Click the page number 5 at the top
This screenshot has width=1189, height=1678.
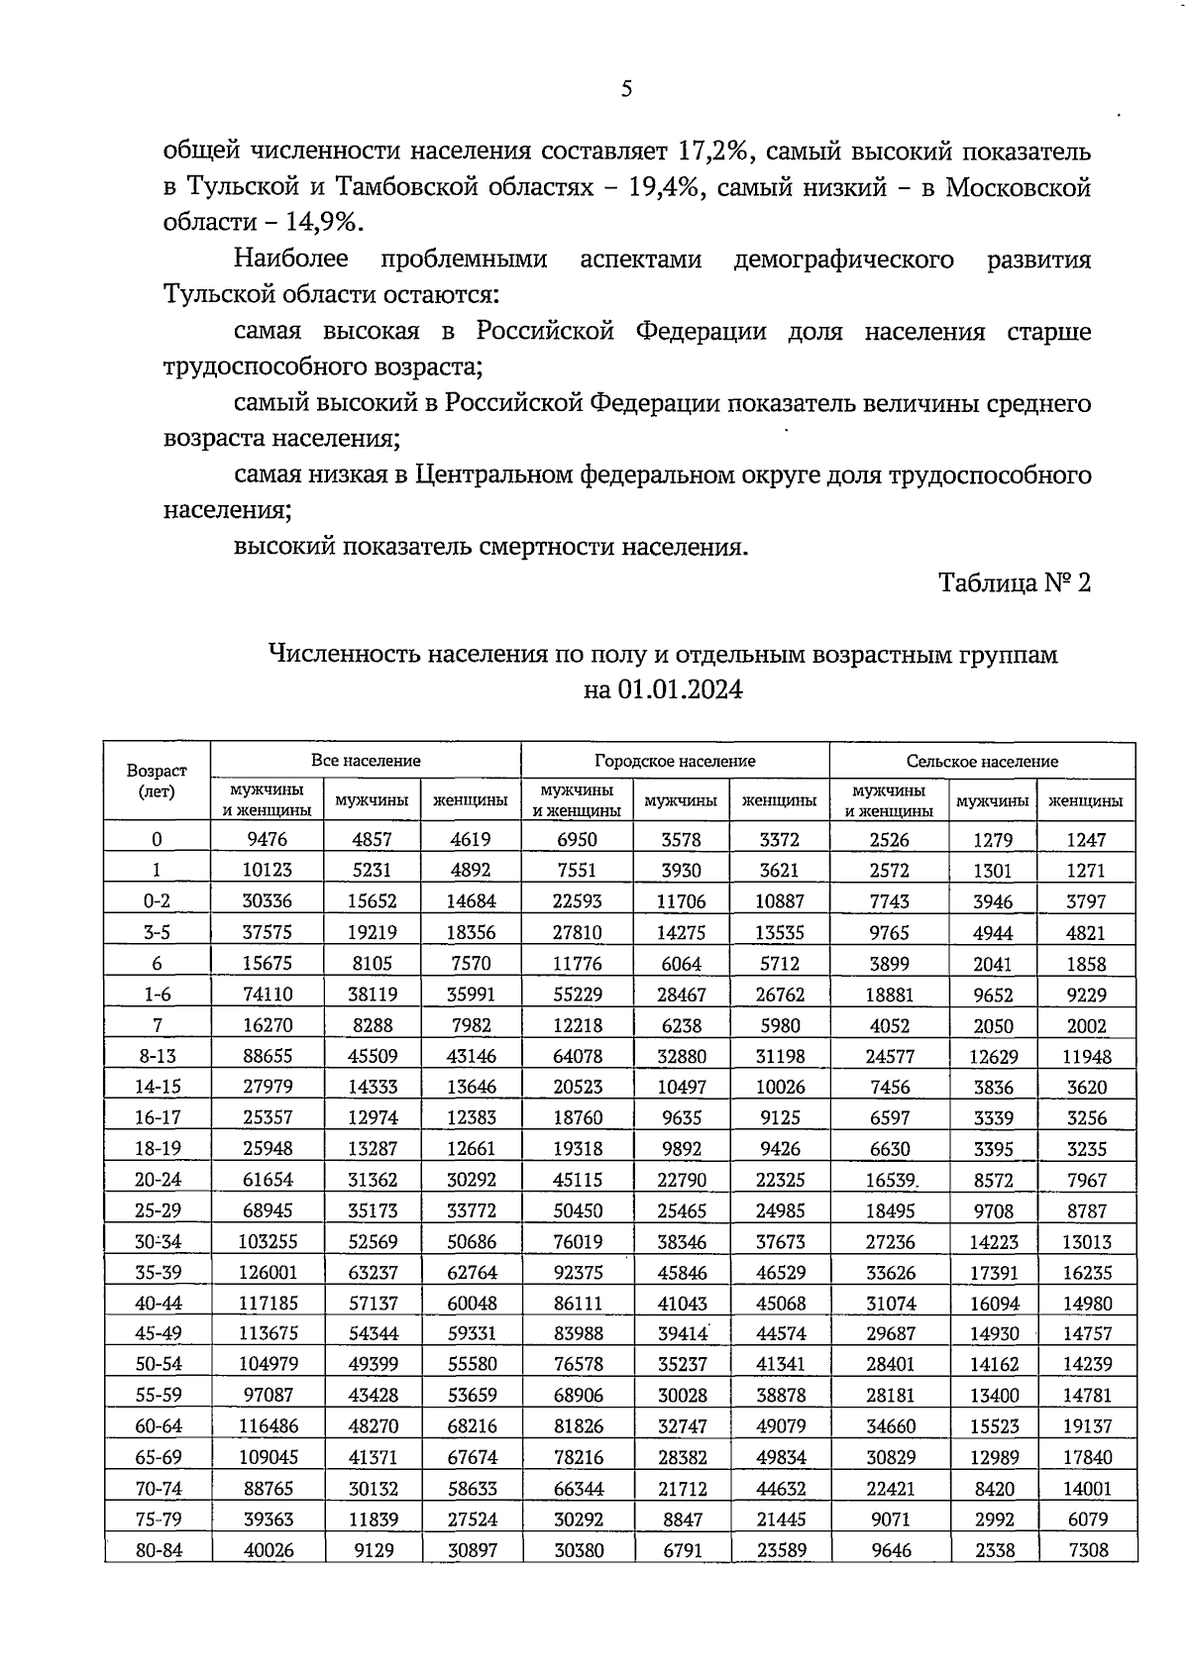625,89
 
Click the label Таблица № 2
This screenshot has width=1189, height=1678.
1015,582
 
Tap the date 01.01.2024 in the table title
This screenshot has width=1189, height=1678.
679,689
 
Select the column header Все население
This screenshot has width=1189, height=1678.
366,761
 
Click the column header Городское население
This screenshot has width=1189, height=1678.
675,761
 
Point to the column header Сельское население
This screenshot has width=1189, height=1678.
982,761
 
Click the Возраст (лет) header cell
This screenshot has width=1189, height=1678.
157,781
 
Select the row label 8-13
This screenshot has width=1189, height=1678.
157,1056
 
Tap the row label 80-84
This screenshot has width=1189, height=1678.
157,1550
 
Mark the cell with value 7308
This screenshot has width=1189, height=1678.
1086,1550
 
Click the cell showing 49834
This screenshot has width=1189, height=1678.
780,1457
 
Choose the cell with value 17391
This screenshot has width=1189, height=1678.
994,1272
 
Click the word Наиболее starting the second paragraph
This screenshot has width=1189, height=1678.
291,260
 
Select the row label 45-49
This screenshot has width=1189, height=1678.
157,1333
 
